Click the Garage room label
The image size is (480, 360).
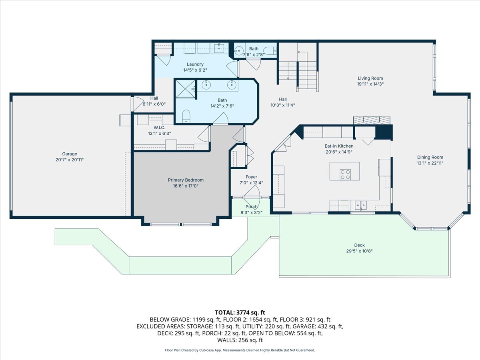coord(70,154)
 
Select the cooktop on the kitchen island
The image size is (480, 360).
coord(345,174)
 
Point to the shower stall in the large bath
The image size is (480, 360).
coord(184,88)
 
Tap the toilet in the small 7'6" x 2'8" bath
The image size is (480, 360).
coord(271,51)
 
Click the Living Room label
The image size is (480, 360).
coord(370,78)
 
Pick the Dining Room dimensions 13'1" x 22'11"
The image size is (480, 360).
coord(430,163)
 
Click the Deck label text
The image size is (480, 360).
coord(359,245)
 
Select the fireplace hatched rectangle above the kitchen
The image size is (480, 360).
coord(371,120)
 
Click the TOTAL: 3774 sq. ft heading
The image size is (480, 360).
coord(240,312)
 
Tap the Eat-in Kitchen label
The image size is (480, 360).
coord(339,146)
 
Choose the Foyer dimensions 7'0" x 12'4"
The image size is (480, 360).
coord(251,183)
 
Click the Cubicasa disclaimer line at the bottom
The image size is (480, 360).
coord(240,350)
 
